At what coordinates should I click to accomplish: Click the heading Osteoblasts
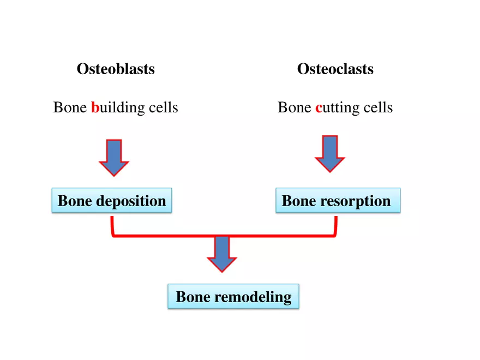pyautogui.click(x=116, y=69)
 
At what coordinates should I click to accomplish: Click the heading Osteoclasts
pyautogui.click(x=335, y=69)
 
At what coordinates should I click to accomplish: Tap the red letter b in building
pyautogui.click(x=94, y=107)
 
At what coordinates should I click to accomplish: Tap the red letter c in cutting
pyautogui.click(x=319, y=107)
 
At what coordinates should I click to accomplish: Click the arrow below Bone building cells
pyautogui.click(x=114, y=157)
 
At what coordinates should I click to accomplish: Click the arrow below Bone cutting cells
pyautogui.click(x=330, y=154)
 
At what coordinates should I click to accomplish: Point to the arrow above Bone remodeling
pyautogui.click(x=222, y=254)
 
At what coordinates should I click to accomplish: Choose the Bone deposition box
pyautogui.click(x=112, y=200)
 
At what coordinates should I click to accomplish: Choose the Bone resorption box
pyautogui.click(x=338, y=200)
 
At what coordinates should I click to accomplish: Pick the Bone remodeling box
pyautogui.click(x=233, y=297)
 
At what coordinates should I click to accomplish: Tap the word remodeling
pyautogui.click(x=253, y=297)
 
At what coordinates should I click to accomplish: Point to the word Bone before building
pyautogui.click(x=70, y=107)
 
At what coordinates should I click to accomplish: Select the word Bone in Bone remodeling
pyautogui.click(x=193, y=297)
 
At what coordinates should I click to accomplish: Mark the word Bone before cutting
pyautogui.click(x=294, y=107)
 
